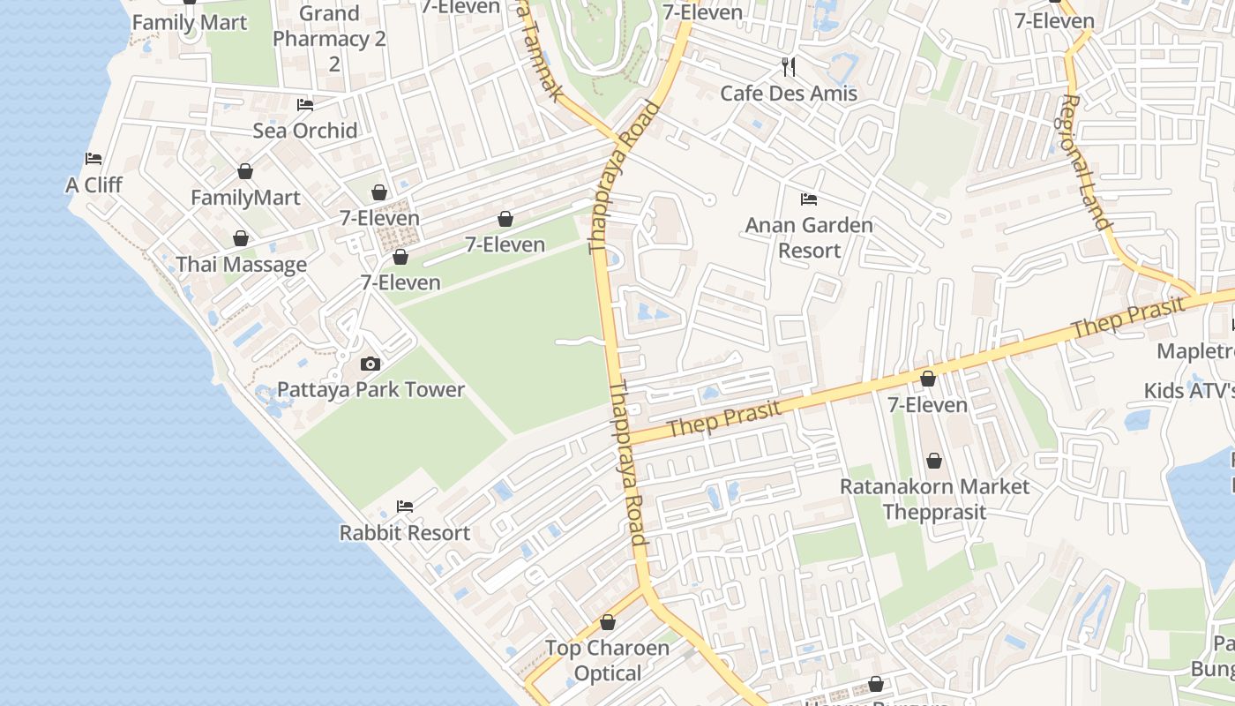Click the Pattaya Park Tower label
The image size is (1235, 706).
[x=370, y=389]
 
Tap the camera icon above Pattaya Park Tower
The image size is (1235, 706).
[x=370, y=364]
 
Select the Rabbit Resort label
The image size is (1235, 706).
[x=405, y=532]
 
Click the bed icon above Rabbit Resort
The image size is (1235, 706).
[x=405, y=507]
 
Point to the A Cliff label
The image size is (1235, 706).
[x=94, y=184]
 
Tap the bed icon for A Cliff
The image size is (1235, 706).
[x=94, y=159]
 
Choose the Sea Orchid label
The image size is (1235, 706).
[x=305, y=131]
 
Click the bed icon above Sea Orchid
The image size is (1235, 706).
[x=305, y=105]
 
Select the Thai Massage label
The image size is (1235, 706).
[x=241, y=264]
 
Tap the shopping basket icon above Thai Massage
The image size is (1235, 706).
[x=240, y=238]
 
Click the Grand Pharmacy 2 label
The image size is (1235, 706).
[x=330, y=39]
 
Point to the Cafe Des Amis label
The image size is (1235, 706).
[x=789, y=93]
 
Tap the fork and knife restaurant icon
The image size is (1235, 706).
[x=789, y=66]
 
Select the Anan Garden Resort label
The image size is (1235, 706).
[x=809, y=237]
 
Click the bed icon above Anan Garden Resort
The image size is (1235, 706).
[x=809, y=199]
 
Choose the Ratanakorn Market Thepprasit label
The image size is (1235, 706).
[x=934, y=499]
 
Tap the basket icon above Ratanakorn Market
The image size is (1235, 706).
[x=934, y=461]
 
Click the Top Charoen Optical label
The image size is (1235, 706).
[x=607, y=660]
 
